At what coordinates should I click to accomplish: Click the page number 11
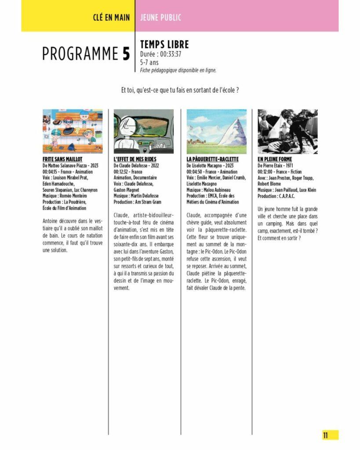click(x=326, y=435)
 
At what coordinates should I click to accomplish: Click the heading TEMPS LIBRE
click(x=164, y=44)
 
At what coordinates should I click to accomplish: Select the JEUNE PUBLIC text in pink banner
click(x=160, y=18)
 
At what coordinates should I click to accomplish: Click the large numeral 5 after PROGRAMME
click(x=126, y=54)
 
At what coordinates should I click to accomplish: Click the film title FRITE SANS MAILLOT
click(x=62, y=159)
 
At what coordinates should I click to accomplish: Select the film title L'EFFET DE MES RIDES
click(x=135, y=159)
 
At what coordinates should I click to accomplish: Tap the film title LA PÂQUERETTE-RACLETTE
click(x=212, y=159)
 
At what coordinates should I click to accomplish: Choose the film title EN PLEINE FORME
click(x=275, y=159)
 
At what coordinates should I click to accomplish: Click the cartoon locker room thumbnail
click(x=73, y=131)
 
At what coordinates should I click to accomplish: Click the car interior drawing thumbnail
click(x=144, y=131)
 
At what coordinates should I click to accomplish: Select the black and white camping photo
click(x=287, y=131)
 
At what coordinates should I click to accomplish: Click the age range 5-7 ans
click(x=149, y=62)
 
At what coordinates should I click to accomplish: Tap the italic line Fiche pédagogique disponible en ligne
click(x=178, y=70)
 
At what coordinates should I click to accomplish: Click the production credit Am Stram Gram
click(x=150, y=202)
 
